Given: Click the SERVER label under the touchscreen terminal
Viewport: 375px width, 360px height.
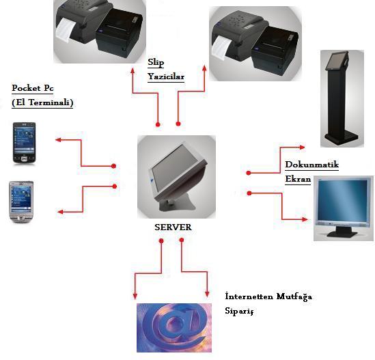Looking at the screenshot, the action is tap(173, 227).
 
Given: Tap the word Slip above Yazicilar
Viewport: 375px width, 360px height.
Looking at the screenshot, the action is tap(156, 62).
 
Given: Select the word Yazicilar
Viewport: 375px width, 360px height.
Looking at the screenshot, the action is tap(166, 77).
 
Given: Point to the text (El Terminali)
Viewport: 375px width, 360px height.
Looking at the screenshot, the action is tap(42, 102).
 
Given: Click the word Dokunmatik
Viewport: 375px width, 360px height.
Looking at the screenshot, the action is tap(312, 165).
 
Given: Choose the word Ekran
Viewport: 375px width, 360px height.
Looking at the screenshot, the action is tap(298, 179).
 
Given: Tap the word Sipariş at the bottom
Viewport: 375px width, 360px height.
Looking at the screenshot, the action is tap(239, 311).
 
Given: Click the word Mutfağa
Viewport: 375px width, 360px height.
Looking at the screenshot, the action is tap(294, 296).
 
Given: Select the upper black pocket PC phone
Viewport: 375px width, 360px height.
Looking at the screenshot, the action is tap(24, 143).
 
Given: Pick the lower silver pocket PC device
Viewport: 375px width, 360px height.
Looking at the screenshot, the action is tap(21, 202).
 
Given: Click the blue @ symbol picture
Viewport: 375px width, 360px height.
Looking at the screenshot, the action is tap(174, 328).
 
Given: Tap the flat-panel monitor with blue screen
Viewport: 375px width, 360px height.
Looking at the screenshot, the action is tap(343, 208).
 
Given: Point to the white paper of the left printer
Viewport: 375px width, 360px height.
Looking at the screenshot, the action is tap(64, 29).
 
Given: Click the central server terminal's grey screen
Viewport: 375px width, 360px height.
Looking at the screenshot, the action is tap(174, 168).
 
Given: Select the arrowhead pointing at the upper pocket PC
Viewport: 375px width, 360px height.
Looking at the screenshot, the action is tap(58, 139).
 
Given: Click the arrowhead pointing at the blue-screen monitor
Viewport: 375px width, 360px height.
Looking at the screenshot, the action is tap(305, 219).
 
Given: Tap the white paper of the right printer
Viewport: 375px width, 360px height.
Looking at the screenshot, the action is tap(221, 47).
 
